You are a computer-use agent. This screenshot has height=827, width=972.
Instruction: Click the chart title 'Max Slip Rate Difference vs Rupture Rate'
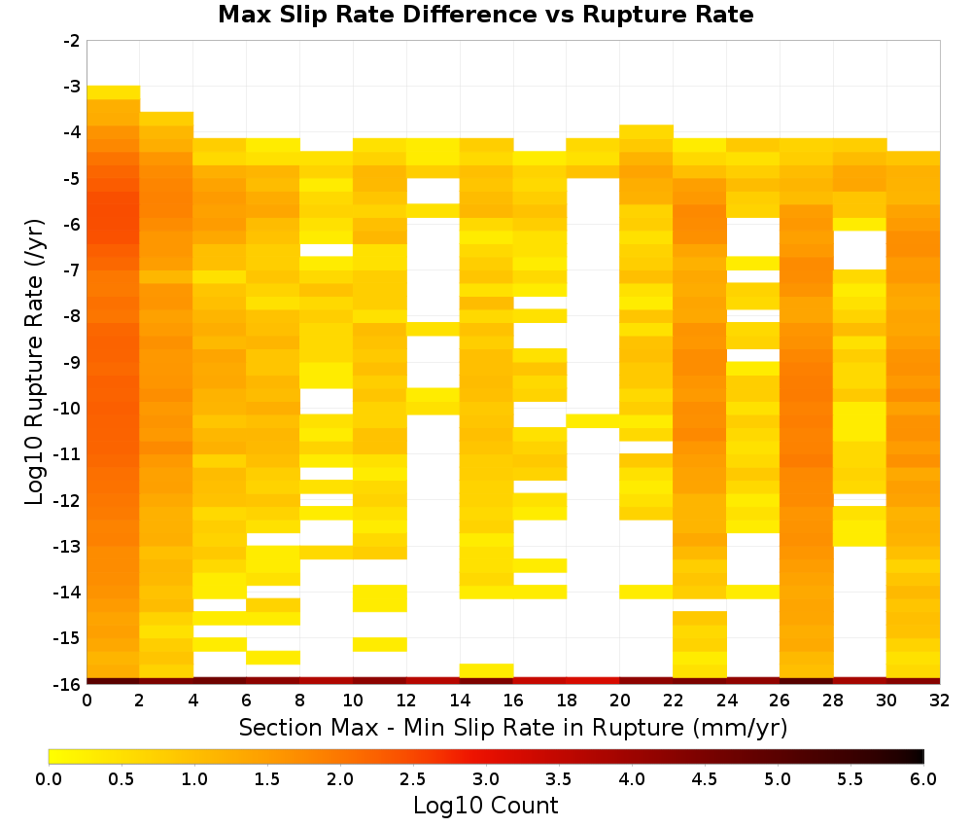pos(485,15)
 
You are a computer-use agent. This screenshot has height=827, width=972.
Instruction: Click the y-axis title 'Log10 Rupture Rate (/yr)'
pos(35,362)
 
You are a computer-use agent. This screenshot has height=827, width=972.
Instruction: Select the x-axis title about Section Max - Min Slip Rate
pos(512,727)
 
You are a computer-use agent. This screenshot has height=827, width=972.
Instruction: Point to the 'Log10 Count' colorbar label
pos(485,806)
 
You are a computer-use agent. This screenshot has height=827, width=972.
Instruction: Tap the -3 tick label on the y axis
pos(72,87)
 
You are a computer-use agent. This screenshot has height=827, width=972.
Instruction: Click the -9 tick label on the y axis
pos(72,362)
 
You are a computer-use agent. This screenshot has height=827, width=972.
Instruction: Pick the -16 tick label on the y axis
pos(68,684)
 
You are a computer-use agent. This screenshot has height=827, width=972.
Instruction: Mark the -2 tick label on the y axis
pos(72,41)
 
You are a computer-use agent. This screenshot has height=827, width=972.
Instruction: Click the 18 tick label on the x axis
pos(566,701)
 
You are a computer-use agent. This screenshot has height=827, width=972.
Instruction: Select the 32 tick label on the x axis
pos(940,701)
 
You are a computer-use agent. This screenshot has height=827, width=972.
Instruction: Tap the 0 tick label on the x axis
pos(87,701)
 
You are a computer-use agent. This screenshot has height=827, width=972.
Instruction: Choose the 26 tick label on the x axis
pos(780,701)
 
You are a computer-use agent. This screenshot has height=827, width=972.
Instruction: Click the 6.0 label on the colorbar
pos(923,778)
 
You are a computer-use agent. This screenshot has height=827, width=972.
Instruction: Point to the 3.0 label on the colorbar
pos(486,778)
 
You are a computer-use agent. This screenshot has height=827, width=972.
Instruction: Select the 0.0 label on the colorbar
pos(49,778)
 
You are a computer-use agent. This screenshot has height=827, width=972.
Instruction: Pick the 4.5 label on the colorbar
pos(704,778)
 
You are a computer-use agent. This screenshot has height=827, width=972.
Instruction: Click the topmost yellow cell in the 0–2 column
pos(114,92)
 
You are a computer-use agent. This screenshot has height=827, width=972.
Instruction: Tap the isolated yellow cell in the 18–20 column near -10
pos(593,420)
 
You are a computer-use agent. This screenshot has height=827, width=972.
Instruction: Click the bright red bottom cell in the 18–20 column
pos(593,681)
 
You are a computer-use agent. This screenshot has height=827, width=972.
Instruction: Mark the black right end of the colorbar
pos(920,756)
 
